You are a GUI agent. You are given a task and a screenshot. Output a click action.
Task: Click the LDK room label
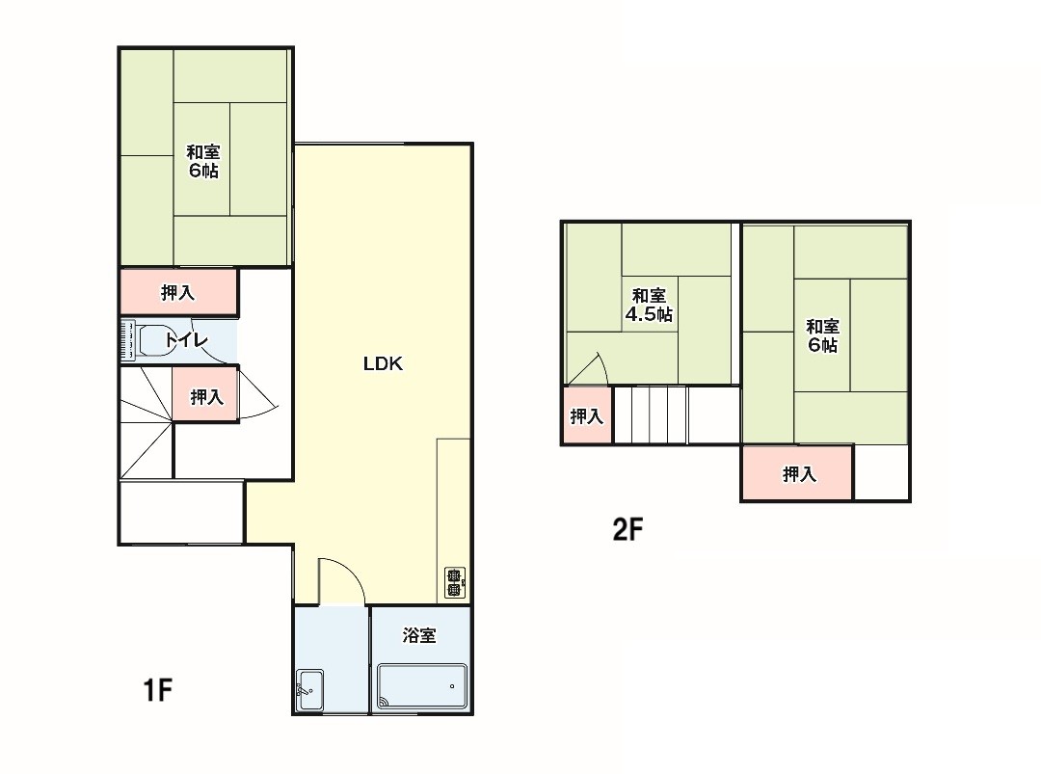click(383, 363)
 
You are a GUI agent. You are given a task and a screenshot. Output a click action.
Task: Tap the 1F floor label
click(158, 690)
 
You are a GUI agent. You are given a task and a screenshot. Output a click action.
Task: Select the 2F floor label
click(627, 530)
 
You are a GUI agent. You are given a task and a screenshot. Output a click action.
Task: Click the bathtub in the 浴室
click(421, 686)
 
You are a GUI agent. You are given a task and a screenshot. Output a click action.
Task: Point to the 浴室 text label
click(419, 635)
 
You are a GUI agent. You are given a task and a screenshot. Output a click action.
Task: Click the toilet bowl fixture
click(154, 340)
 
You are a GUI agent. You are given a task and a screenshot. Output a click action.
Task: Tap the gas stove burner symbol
click(454, 582)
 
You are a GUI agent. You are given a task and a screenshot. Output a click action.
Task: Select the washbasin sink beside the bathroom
click(309, 690)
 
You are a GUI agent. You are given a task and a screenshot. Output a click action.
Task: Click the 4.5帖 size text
click(649, 314)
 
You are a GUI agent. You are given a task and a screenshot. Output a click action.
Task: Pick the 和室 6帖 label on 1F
click(203, 161)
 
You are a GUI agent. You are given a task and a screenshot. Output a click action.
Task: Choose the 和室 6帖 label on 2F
click(822, 335)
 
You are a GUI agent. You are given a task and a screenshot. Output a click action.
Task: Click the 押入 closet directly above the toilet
click(178, 291)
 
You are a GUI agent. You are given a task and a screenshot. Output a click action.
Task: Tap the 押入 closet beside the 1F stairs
click(206, 396)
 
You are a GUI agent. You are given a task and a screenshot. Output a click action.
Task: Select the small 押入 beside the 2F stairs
click(587, 416)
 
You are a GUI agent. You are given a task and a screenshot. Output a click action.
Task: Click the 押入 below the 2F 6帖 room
click(797, 473)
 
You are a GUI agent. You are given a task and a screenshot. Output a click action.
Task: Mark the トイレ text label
click(187, 340)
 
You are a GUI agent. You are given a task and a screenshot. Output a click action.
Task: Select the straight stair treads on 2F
click(651, 414)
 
